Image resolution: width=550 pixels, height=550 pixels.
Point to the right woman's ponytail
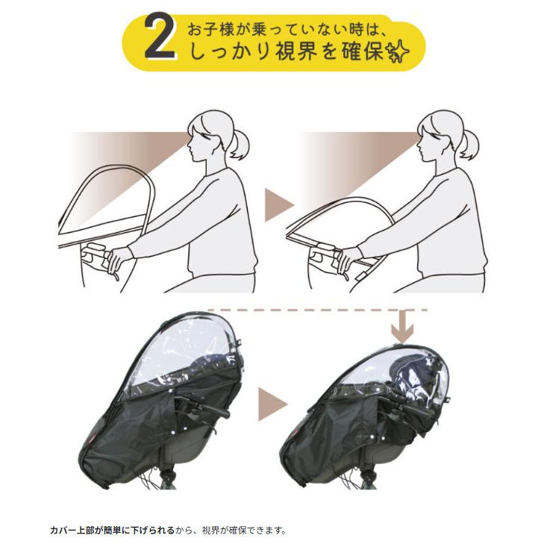pyautogui.click(x=467, y=144)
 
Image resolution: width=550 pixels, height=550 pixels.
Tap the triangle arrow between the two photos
pyautogui.click(x=269, y=401)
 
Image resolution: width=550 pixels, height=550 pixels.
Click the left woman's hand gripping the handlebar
pyautogui.click(x=118, y=259)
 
